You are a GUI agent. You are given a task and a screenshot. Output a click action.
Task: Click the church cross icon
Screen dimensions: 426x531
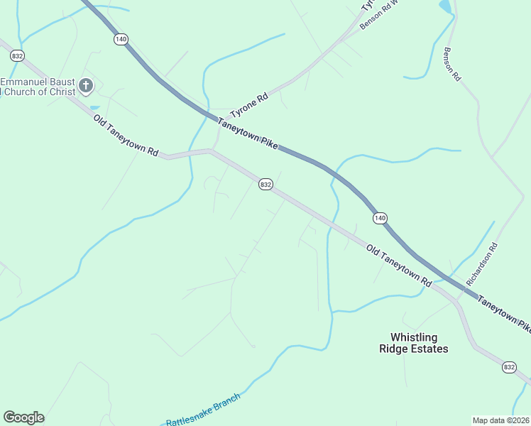click(x=85, y=86)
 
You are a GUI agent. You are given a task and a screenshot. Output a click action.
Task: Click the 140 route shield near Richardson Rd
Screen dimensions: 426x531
click(x=380, y=218)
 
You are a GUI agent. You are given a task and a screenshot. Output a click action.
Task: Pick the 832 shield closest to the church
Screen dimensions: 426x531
click(x=17, y=55)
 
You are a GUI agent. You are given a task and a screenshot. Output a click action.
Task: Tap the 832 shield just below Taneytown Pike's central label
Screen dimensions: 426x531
click(x=265, y=185)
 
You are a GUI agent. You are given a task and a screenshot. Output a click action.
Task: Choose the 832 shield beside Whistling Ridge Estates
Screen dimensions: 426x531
click(x=508, y=367)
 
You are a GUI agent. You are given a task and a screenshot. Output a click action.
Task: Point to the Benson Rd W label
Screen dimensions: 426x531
click(x=376, y=15)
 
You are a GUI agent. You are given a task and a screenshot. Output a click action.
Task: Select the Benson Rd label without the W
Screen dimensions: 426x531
click(x=452, y=65)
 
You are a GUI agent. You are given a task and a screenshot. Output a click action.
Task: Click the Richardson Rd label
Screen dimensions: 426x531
click(x=483, y=265)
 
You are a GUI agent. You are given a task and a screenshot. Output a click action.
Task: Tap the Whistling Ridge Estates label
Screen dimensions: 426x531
click(x=414, y=343)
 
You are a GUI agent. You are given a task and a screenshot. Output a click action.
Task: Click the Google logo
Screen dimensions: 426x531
click(x=23, y=417)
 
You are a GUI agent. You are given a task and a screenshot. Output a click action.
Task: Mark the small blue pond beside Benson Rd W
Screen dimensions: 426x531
click(x=445, y=6)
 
